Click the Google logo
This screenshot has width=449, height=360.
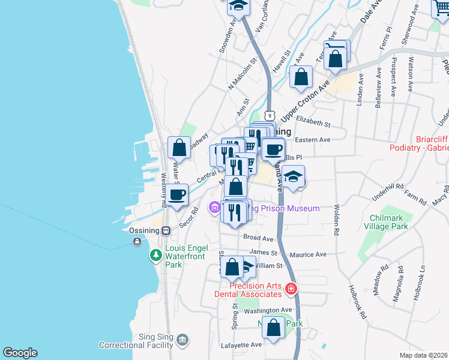pos(20,353)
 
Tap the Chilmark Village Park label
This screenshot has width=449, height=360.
pos(386,222)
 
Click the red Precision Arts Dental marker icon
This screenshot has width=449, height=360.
pos(291,289)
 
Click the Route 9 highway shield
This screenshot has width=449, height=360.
pos(270,115)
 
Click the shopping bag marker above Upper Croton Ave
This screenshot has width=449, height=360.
pos(301,77)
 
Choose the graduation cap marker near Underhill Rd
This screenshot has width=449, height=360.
pos(294,178)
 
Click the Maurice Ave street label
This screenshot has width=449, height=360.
pos(308,254)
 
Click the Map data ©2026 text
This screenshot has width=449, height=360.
pos(423,355)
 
